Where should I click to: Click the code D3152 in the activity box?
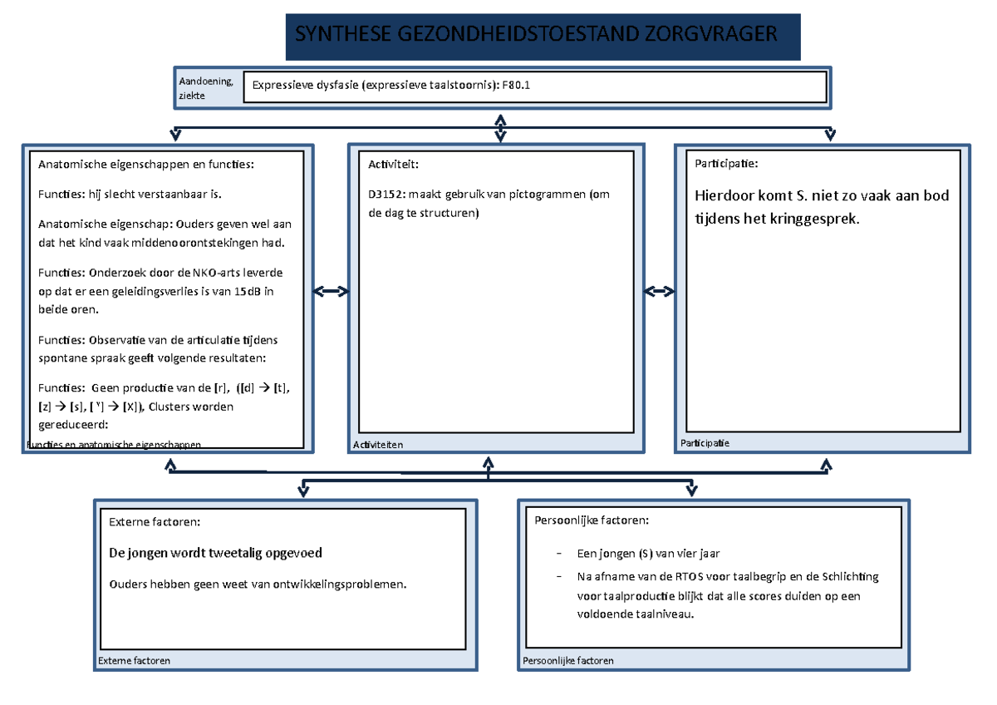click(x=386, y=195)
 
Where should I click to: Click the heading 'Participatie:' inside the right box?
click(x=726, y=165)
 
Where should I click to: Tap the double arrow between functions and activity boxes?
click(x=331, y=291)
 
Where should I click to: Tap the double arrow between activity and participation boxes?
click(x=660, y=291)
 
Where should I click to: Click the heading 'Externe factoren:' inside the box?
click(x=155, y=522)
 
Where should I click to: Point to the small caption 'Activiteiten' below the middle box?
click(x=378, y=445)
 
